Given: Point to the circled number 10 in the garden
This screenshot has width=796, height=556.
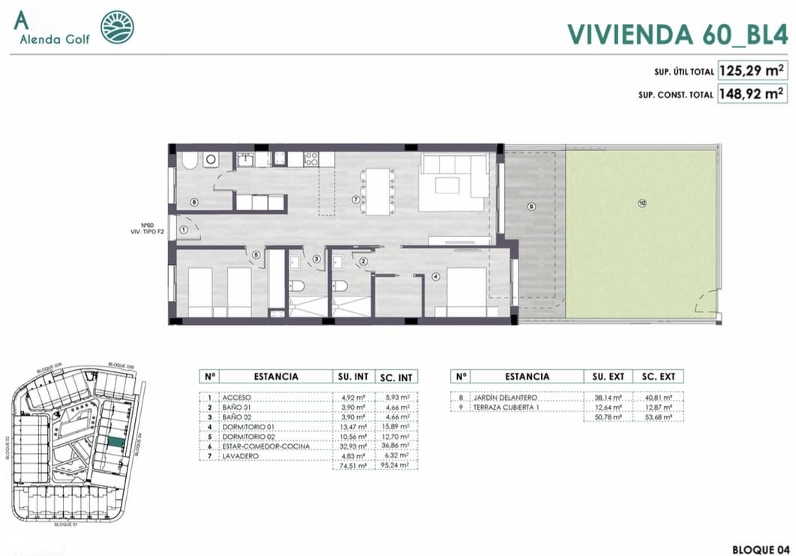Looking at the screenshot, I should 641,203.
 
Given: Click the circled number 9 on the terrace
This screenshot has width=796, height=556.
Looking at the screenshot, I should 531,206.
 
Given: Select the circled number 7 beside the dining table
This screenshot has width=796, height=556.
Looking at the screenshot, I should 357,200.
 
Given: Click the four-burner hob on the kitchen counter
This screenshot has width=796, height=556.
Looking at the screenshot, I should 310,158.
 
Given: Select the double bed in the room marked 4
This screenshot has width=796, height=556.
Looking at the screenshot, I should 467,292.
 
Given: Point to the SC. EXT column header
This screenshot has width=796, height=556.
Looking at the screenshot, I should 658,377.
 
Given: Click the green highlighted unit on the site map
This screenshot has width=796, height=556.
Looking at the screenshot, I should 114,443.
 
